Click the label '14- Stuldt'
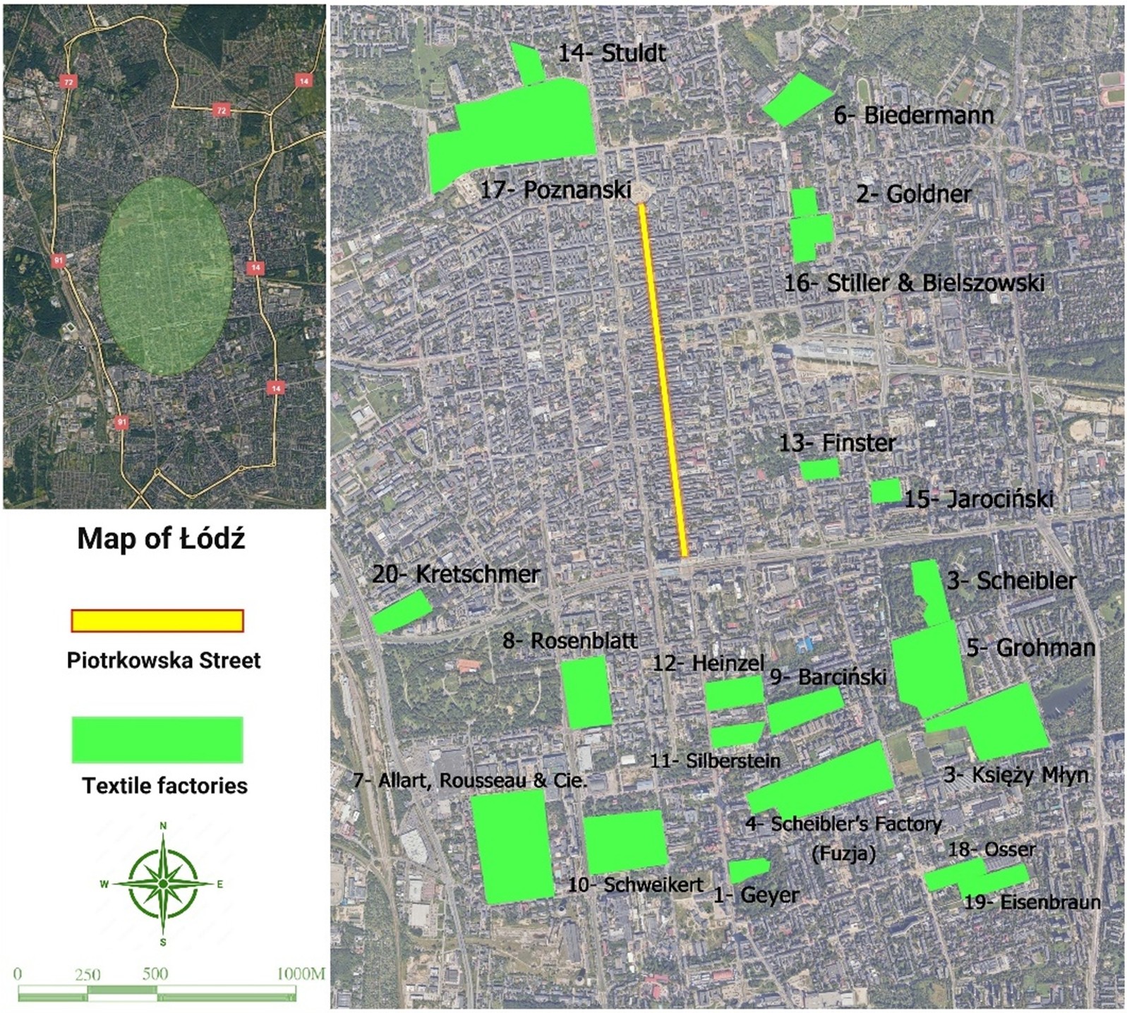pyautogui.click(x=611, y=53)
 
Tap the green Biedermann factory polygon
pyautogui.click(x=796, y=99)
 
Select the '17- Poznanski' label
pyautogui.click(x=555, y=190)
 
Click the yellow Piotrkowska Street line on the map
pyautogui.click(x=663, y=381)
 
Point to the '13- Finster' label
pyautogui.click(x=837, y=443)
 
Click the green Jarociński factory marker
pyautogui.click(x=886, y=491)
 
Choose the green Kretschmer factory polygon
pyautogui.click(x=401, y=611)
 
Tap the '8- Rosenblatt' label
pyautogui.click(x=569, y=641)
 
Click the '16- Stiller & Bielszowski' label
pyautogui.click(x=914, y=283)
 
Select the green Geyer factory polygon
pyautogui.click(x=748, y=869)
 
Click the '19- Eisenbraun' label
pyautogui.click(x=1032, y=902)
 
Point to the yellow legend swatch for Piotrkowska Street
pyautogui.click(x=157, y=620)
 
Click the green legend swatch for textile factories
pyautogui.click(x=157, y=739)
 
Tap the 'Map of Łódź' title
pyautogui.click(x=161, y=539)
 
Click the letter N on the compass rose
pyautogui.click(x=163, y=825)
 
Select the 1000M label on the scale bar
pyautogui.click(x=301, y=974)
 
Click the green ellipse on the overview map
pyautogui.click(x=166, y=275)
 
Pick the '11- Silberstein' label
pyautogui.click(x=715, y=760)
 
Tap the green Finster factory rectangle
pyautogui.click(x=819, y=469)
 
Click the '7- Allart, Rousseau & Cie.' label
pyautogui.click(x=469, y=780)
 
